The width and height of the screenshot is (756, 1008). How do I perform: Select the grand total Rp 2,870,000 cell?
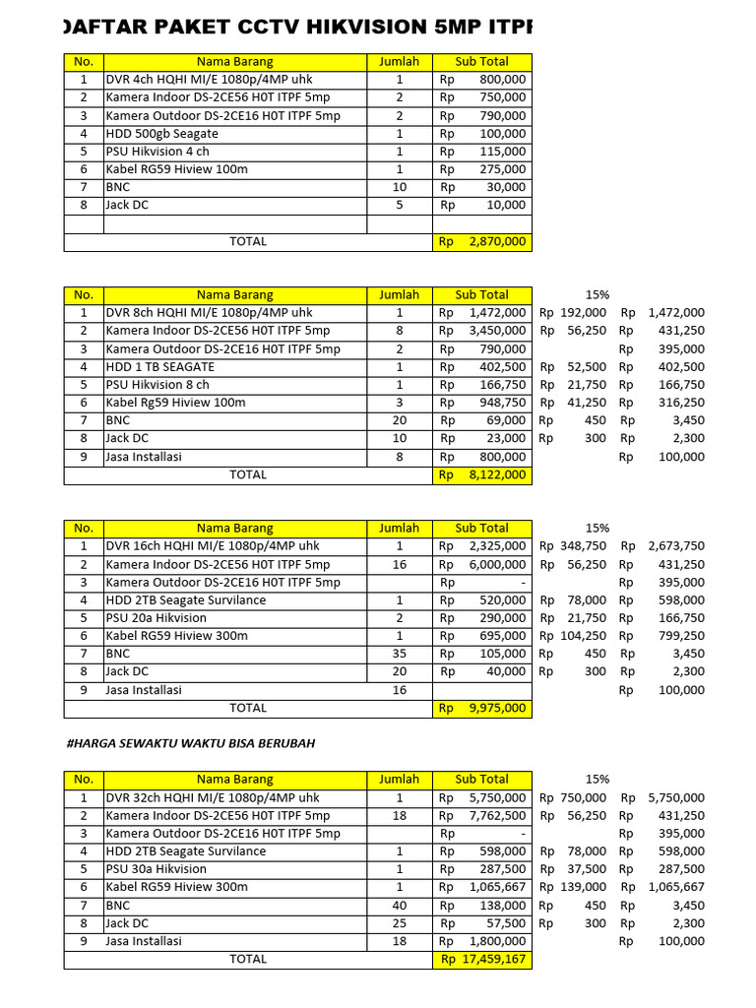[x=482, y=241]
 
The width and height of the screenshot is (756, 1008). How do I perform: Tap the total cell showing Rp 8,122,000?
[x=482, y=475]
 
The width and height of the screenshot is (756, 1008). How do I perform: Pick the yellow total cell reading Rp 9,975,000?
[x=482, y=708]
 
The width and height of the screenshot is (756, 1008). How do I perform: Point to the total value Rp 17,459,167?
[x=482, y=959]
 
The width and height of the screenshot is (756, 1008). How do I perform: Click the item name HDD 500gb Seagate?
[x=162, y=134]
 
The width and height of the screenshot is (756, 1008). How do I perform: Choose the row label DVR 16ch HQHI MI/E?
[x=213, y=546]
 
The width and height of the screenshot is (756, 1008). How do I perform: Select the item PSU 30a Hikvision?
[x=157, y=869]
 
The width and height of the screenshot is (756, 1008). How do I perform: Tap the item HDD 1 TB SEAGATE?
[x=160, y=367]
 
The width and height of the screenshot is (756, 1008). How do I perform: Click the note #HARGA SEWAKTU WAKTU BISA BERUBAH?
[x=190, y=743]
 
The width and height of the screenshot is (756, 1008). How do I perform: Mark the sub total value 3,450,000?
[x=497, y=331]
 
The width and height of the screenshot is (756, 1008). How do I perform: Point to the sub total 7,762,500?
[x=497, y=816]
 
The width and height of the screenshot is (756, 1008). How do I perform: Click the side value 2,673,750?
[x=676, y=546]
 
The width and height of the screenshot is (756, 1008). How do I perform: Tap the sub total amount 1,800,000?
[x=497, y=941]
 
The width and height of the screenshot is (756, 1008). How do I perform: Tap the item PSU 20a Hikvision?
[x=157, y=618]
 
